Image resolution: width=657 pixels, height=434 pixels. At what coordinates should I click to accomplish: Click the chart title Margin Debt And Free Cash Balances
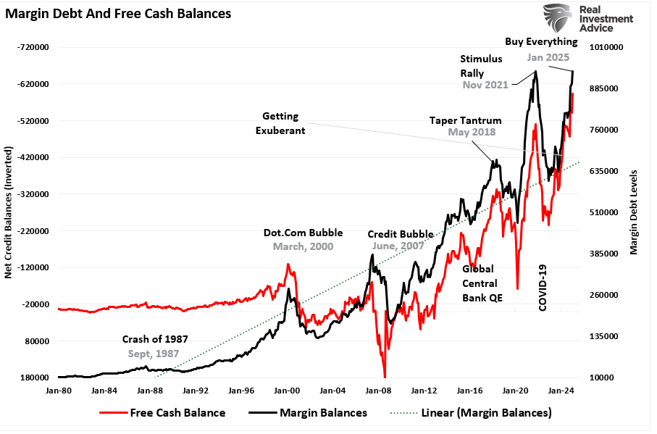click(x=119, y=13)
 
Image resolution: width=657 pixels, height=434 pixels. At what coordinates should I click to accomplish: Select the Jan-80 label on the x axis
click(x=58, y=390)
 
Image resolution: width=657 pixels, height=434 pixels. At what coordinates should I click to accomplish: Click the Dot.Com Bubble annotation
click(x=303, y=233)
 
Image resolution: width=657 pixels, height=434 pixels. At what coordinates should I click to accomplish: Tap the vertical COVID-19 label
click(x=543, y=288)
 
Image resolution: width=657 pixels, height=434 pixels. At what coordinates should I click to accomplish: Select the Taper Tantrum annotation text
click(x=462, y=120)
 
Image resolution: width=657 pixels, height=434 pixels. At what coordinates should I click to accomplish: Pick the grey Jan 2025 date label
click(x=548, y=57)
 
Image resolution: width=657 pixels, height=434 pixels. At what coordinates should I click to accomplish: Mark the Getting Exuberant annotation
click(x=284, y=123)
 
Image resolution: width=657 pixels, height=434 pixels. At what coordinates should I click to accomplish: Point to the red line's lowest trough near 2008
click(x=385, y=376)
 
